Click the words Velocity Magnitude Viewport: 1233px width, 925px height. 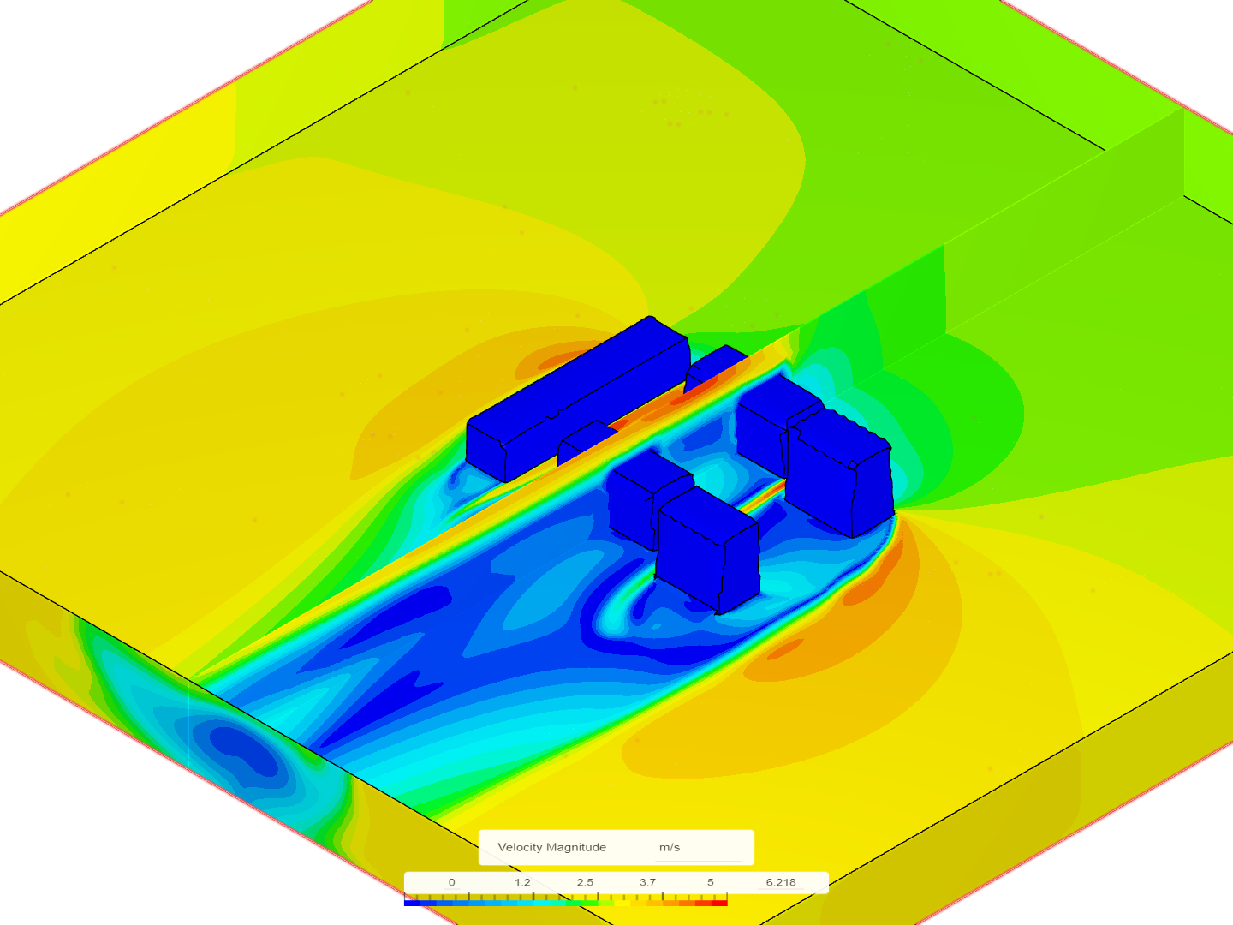click(x=551, y=847)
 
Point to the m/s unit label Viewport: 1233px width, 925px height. click(x=669, y=847)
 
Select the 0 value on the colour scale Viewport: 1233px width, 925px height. click(x=451, y=882)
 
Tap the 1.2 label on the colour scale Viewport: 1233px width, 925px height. click(x=522, y=882)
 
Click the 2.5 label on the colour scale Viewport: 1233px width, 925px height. click(x=585, y=882)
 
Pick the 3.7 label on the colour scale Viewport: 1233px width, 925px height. click(x=647, y=882)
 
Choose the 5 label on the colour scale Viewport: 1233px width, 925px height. click(x=711, y=882)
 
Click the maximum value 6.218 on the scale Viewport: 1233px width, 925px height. click(x=781, y=882)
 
